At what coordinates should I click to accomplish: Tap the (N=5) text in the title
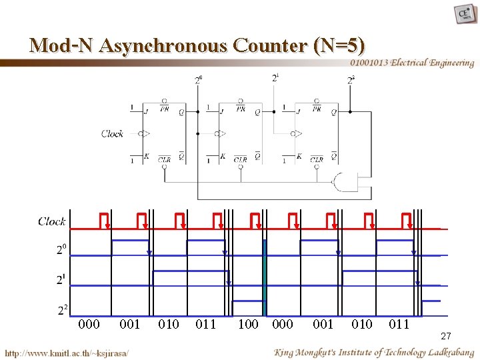(x=338, y=45)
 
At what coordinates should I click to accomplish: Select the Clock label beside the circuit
(x=112, y=133)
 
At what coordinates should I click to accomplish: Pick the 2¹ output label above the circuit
(x=276, y=78)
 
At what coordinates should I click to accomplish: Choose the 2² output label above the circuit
(x=351, y=80)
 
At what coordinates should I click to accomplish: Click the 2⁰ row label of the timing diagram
(x=61, y=250)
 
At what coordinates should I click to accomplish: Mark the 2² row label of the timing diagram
(x=62, y=310)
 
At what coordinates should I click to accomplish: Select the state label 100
(x=248, y=325)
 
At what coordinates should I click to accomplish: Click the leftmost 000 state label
(x=89, y=325)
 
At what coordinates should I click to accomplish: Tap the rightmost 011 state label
(x=399, y=325)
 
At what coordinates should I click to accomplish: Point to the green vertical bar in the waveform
(x=265, y=277)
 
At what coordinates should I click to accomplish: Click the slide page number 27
(x=446, y=338)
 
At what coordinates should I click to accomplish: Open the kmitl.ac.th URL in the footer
(x=67, y=352)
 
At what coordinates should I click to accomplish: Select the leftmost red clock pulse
(x=105, y=221)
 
